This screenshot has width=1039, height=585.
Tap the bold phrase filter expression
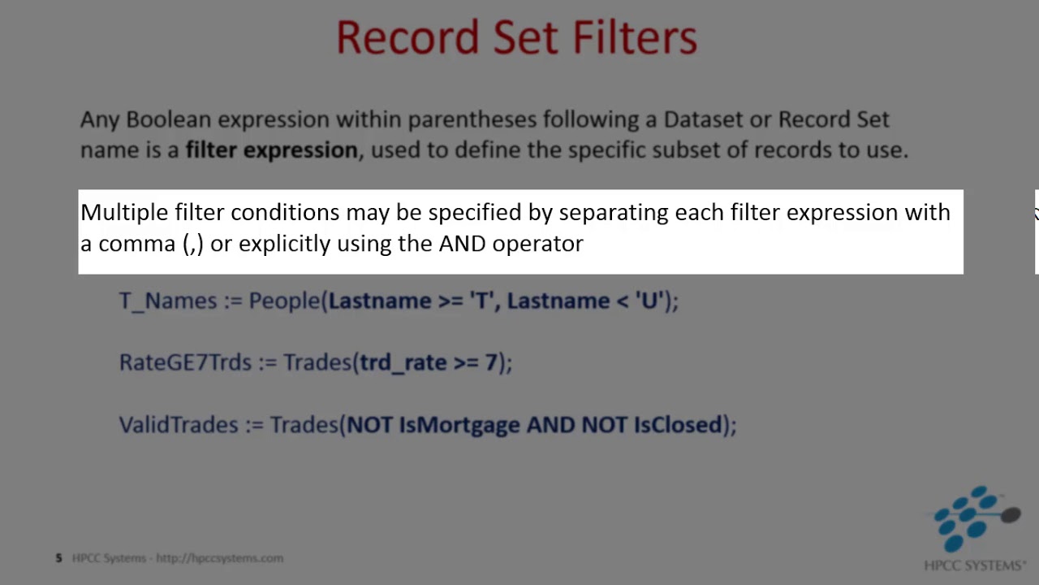[x=271, y=150]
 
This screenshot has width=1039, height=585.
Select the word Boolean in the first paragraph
[x=168, y=119]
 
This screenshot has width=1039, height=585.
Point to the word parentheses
[x=472, y=119]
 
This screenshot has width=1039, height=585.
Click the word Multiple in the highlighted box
[x=123, y=213]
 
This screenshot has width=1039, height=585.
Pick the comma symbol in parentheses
[x=193, y=245]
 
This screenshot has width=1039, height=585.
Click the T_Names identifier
[x=168, y=301]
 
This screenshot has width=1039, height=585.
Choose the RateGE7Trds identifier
[x=185, y=362]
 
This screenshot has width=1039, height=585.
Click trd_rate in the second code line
[x=403, y=362]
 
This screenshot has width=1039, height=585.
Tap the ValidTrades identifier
[x=179, y=425]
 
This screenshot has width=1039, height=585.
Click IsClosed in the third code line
[x=678, y=425]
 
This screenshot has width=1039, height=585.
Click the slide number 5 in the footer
[x=58, y=558]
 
